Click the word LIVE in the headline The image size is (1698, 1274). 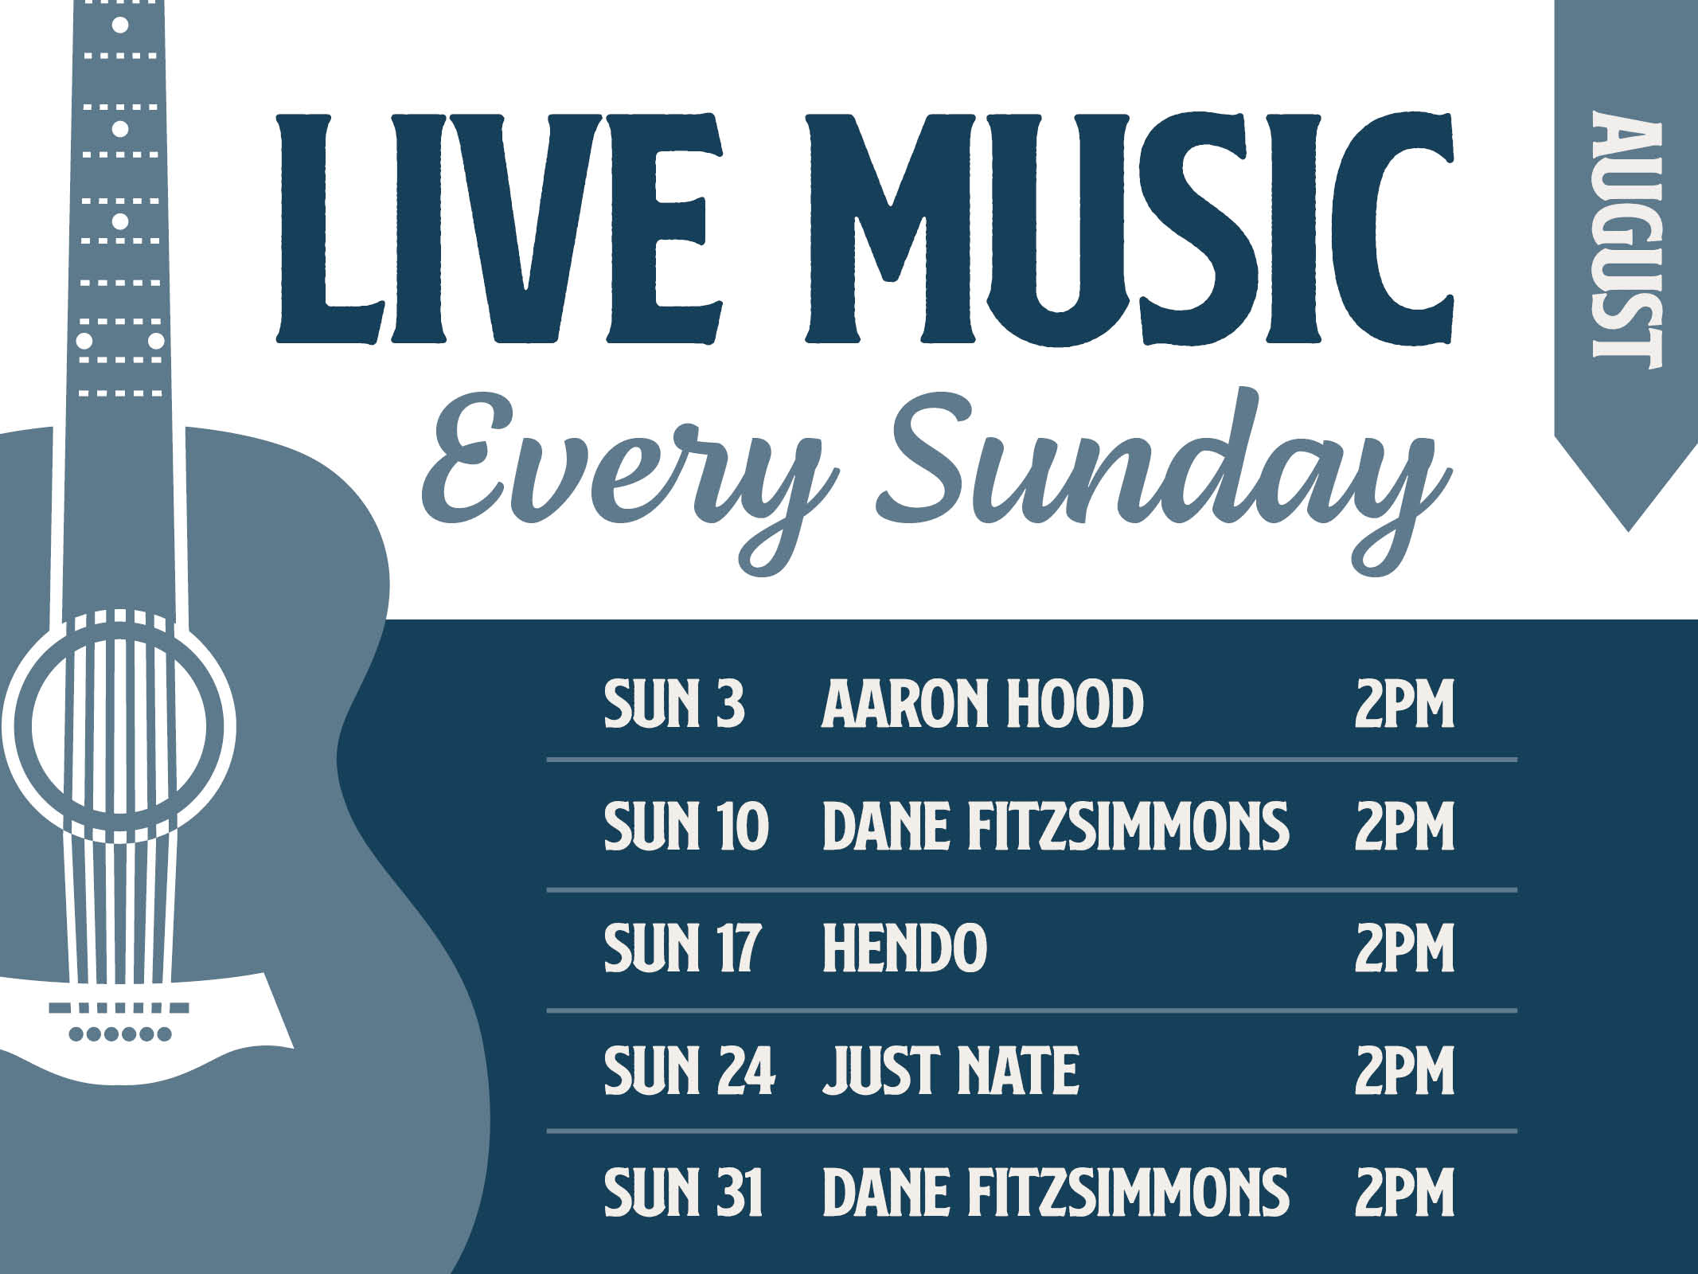click(x=499, y=229)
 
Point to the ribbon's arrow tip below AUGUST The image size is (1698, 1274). click(x=1629, y=531)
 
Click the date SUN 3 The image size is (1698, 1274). click(x=674, y=704)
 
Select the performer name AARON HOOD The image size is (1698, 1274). click(x=982, y=704)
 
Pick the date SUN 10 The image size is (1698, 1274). click(x=686, y=826)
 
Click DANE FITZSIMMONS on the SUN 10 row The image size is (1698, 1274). click(x=1056, y=826)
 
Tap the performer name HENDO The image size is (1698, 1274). click(x=904, y=948)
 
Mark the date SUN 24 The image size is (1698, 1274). click(x=689, y=1069)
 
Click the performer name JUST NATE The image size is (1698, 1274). click(x=950, y=1069)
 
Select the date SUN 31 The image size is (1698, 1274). click(x=684, y=1191)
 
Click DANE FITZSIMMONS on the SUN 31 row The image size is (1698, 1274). click(x=1056, y=1191)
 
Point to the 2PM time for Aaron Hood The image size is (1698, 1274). click(x=1404, y=704)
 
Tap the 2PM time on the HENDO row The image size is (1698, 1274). click(x=1404, y=948)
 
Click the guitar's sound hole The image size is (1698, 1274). click(x=119, y=725)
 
